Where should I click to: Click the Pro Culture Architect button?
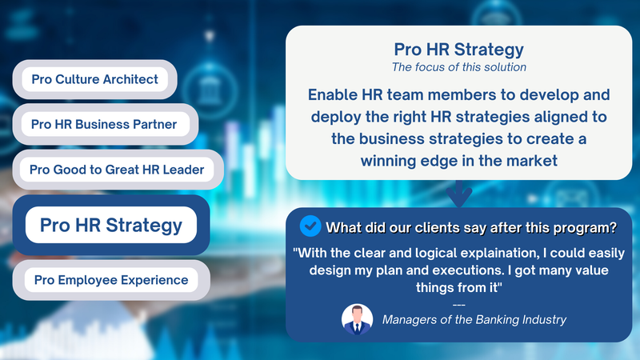point(94,79)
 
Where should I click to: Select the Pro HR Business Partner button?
point(106,124)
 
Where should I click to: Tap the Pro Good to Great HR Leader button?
point(118,170)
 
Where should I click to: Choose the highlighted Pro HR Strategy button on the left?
point(111,225)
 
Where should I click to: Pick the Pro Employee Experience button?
point(111,280)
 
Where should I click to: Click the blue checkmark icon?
point(310,226)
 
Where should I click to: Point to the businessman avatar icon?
point(357,319)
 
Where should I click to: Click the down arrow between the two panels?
point(458,194)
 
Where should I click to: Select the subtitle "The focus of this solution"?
point(458,67)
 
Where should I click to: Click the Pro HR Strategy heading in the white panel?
point(458,50)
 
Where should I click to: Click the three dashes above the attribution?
point(458,305)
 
